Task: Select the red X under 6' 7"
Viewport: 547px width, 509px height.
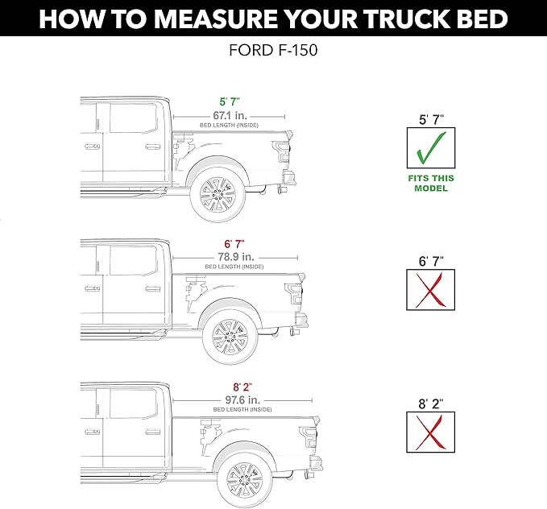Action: pyautogui.click(x=430, y=289)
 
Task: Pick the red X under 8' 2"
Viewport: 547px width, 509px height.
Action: pyautogui.click(x=430, y=432)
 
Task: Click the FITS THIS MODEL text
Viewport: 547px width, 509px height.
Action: pyautogui.click(x=430, y=183)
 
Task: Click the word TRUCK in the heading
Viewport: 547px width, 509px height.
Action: pyautogui.click(x=390, y=18)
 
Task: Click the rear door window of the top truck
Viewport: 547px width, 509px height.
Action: pyautogui.click(x=134, y=119)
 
